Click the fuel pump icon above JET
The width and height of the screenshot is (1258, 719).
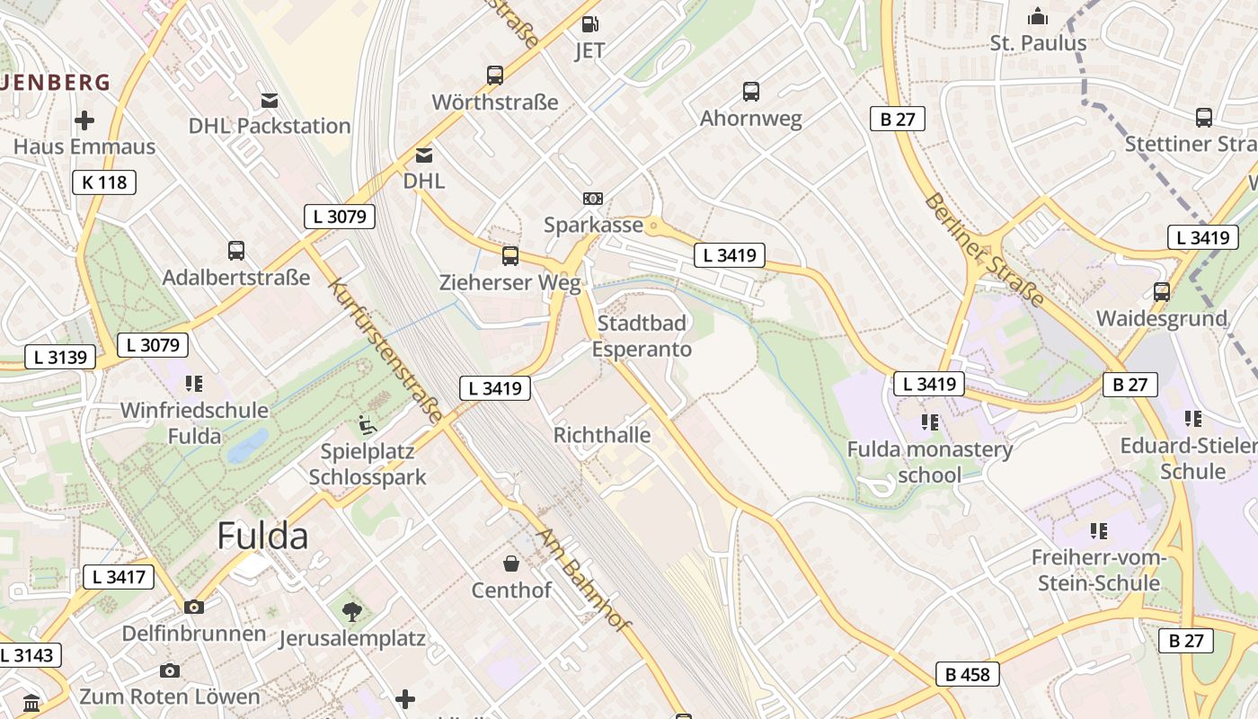click(x=589, y=24)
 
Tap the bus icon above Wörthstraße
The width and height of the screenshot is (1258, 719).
click(x=495, y=75)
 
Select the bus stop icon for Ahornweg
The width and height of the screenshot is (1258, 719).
click(x=751, y=91)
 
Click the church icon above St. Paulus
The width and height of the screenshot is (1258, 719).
click(x=1038, y=16)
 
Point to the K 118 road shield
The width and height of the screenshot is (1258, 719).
click(x=104, y=182)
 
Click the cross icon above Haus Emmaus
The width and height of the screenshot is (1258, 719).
click(x=84, y=120)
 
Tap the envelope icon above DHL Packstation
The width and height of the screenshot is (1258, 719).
click(x=269, y=99)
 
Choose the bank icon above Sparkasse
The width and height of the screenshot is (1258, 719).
click(x=593, y=199)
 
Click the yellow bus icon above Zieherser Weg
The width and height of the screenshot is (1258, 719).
click(x=510, y=256)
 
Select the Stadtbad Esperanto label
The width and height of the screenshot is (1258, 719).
click(x=642, y=335)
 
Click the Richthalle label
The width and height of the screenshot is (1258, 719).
click(x=602, y=435)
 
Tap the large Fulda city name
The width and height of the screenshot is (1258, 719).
click(x=262, y=536)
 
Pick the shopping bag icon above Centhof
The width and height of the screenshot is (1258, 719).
click(x=511, y=564)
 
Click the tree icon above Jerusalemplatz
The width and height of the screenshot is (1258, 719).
click(x=351, y=612)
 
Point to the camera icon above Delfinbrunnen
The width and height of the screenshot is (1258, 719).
click(x=193, y=608)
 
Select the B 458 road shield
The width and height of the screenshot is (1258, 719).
click(x=967, y=674)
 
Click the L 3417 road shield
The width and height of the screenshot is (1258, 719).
click(x=119, y=577)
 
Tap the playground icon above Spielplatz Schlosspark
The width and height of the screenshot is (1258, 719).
click(x=367, y=422)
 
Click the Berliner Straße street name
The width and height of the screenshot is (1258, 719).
click(x=984, y=249)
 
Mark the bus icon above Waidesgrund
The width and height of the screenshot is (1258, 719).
click(x=1162, y=292)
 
